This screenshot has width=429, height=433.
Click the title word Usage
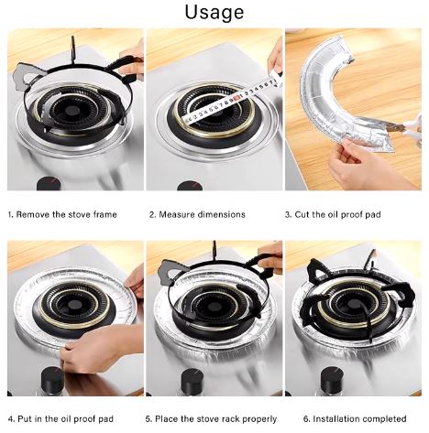[214, 12]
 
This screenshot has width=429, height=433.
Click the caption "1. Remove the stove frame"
[62, 214]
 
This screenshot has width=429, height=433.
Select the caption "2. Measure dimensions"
[197, 214]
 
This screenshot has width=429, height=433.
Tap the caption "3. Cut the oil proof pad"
[333, 214]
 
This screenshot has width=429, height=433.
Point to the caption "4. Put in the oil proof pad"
[60, 418]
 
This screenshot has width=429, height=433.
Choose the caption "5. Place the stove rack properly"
[211, 418]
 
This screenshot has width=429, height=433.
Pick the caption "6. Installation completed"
[355, 418]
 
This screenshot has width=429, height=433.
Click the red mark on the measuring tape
[236, 97]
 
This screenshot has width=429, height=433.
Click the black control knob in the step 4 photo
[52, 381]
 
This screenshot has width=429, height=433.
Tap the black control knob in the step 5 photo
[192, 382]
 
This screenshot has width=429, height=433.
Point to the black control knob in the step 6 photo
[332, 381]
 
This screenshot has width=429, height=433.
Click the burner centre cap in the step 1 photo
[72, 110]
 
